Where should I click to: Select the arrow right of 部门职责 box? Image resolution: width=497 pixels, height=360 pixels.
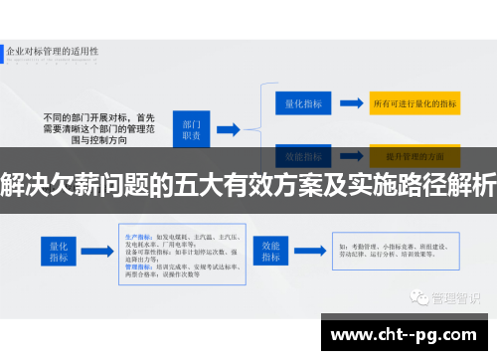tap(228, 128)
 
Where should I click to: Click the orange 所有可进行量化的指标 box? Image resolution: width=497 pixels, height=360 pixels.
tap(414, 101)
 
